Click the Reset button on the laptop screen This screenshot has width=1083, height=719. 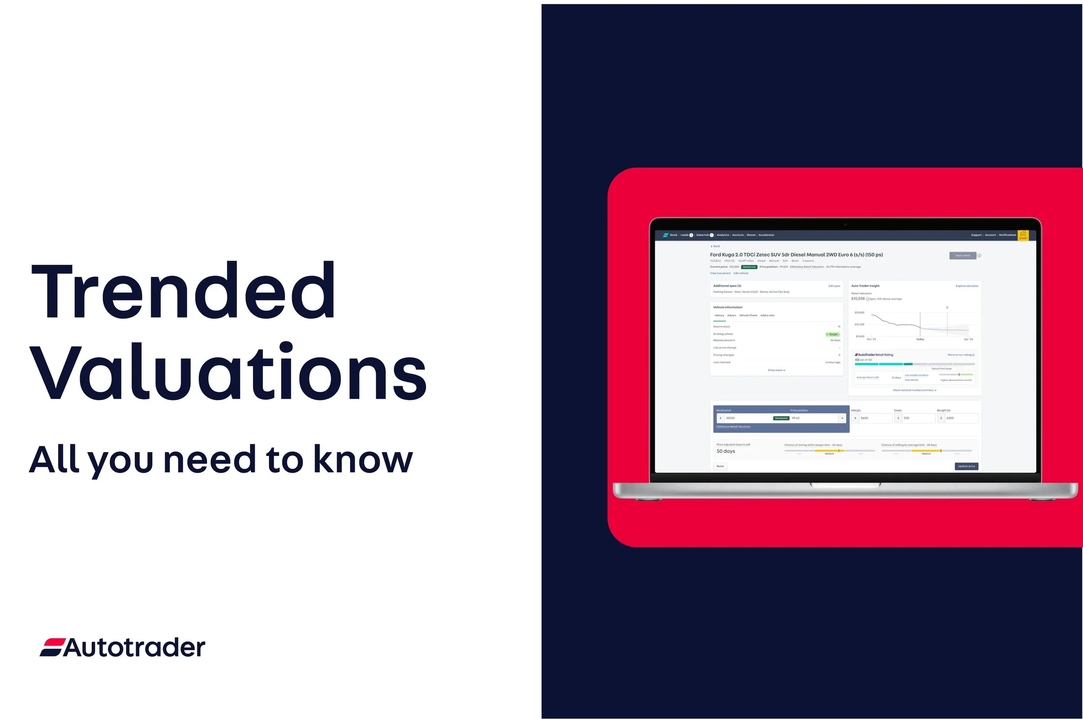720,466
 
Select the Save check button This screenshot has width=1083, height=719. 963,255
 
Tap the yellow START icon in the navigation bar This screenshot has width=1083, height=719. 1023,235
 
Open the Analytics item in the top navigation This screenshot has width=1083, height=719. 723,235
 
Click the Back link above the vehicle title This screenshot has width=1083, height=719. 716,246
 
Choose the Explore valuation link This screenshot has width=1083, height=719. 966,286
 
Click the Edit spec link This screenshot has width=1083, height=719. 834,286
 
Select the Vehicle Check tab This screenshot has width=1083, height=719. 748,316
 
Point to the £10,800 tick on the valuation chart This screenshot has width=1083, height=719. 859,312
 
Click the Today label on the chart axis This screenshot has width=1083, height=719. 920,339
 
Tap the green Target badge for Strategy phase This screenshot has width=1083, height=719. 832,334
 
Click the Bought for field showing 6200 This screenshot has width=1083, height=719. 960,418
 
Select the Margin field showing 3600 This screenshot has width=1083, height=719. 875,418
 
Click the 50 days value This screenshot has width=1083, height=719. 726,451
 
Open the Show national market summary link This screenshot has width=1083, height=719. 914,390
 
